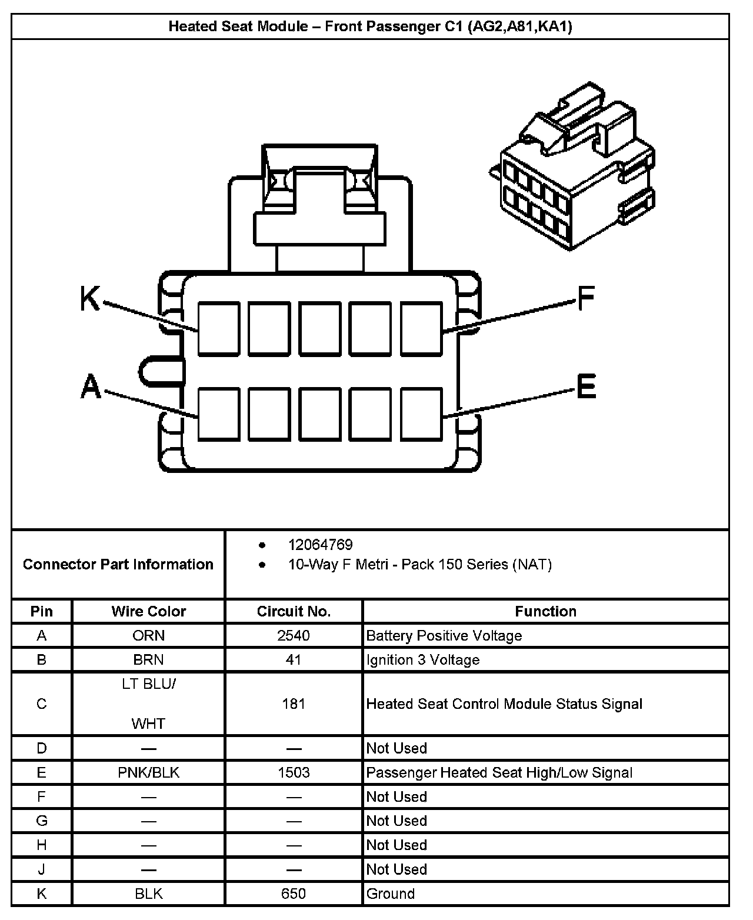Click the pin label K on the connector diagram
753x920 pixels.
tap(90, 298)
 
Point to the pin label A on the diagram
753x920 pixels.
tap(91, 387)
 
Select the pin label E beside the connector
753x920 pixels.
tap(586, 386)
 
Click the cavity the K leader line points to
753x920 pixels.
tap(218, 329)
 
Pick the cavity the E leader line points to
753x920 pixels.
tap(421, 414)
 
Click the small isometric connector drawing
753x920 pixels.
tap(572, 168)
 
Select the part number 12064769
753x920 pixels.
tap(320, 545)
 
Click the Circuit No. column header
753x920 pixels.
tap(294, 611)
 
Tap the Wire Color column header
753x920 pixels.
tap(148, 611)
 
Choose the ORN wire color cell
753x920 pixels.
tap(148, 635)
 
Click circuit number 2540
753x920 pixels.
tap(294, 635)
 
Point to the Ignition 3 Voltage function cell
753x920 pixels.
tap(422, 659)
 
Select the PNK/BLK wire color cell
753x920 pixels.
tap(148, 772)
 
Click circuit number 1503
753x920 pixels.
tap(294, 772)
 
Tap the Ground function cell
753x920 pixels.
tap(390, 894)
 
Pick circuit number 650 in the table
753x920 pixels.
tap(294, 894)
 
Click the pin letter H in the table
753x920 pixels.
tap(41, 845)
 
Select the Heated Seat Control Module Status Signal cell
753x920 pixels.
tap(504, 704)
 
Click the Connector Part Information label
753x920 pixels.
tap(118, 564)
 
